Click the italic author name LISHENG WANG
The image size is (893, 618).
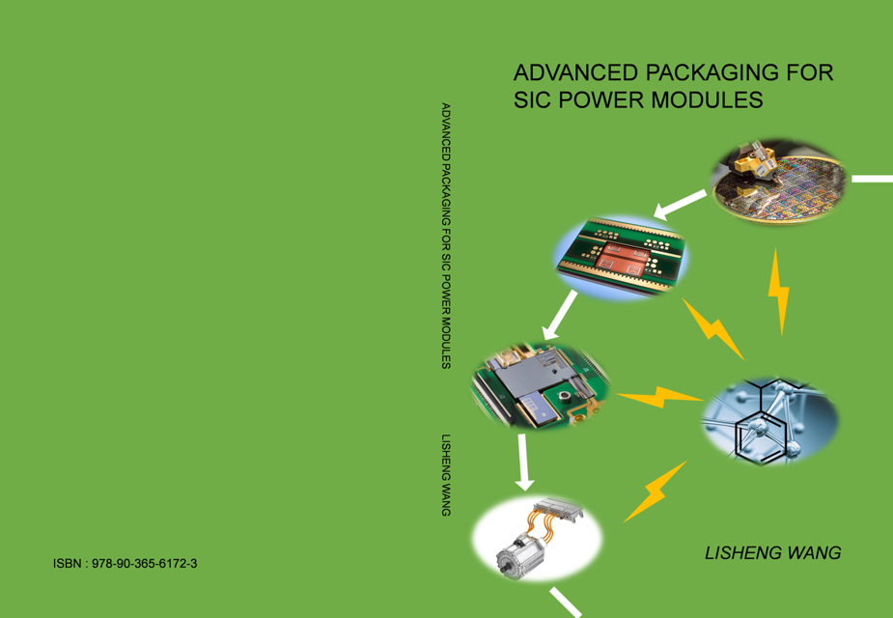coord(772,553)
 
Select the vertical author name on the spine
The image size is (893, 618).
coord(445,474)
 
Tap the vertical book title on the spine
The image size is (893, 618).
coord(445,235)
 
